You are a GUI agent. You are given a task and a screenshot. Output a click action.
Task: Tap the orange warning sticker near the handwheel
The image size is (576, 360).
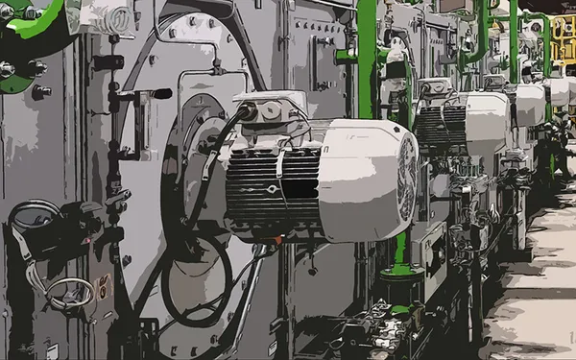coord(104,285)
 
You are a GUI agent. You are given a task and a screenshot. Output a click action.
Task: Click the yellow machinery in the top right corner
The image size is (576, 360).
coord(563,38)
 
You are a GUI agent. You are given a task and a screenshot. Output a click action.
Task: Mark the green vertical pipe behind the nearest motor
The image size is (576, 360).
coord(366,58)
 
